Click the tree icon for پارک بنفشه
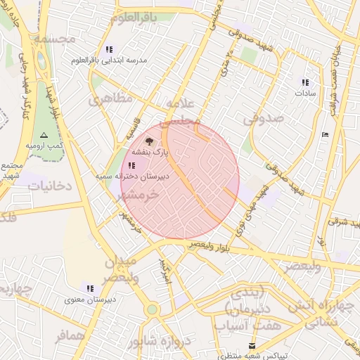click(148, 141)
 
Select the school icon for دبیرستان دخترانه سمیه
click(132, 166)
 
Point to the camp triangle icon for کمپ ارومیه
click(44, 134)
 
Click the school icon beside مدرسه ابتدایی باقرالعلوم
click(108, 49)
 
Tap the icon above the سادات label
click(305, 82)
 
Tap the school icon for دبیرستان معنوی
click(89, 288)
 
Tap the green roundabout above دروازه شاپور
click(152, 309)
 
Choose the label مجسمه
click(54, 38)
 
